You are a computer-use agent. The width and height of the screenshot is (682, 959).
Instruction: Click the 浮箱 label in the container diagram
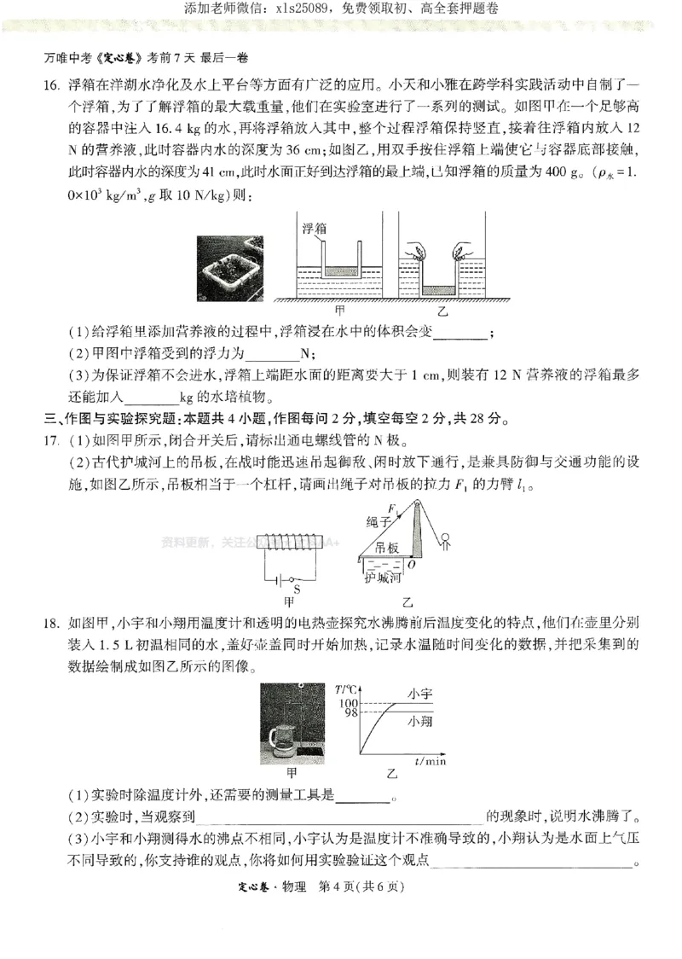coord(315,230)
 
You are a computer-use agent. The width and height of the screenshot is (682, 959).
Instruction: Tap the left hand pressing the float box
coord(416,252)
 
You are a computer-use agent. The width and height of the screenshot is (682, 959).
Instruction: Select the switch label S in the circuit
coord(297,588)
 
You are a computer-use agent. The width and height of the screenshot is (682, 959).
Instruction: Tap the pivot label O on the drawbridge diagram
coord(411,564)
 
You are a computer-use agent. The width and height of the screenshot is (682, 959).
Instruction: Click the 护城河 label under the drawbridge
coord(381,578)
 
